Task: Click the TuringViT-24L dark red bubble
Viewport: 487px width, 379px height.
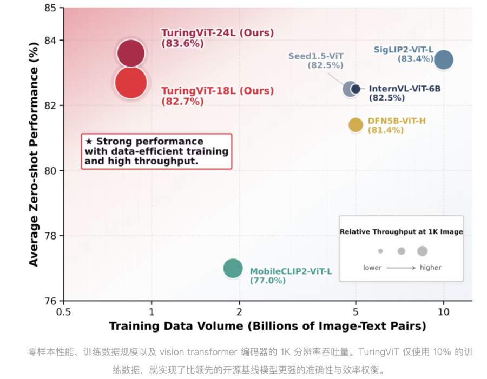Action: (x=131, y=54)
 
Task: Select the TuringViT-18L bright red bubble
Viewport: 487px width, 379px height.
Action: (x=131, y=83)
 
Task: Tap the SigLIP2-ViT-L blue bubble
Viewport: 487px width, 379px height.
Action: (x=444, y=59)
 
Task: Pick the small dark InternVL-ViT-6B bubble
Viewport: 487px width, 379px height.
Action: (x=356, y=89)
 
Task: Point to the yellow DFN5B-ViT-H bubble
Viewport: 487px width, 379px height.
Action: (x=356, y=125)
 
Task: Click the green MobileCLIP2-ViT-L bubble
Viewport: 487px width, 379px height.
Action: (x=233, y=268)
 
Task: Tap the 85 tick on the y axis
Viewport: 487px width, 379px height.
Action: (x=50, y=8)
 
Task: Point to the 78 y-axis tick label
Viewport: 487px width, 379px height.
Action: (x=50, y=236)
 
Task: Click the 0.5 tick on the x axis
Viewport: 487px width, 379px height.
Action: (x=64, y=311)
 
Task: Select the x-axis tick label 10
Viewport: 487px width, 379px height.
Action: (x=444, y=311)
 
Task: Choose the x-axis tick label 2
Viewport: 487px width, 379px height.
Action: (x=239, y=311)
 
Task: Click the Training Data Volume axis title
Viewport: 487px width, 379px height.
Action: (x=267, y=326)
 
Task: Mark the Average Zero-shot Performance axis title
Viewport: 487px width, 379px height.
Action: (x=34, y=154)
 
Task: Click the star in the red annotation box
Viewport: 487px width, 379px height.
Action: (x=89, y=142)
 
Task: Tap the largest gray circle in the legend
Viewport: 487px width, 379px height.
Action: (x=423, y=251)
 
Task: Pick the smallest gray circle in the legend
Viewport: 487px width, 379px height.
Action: (x=380, y=251)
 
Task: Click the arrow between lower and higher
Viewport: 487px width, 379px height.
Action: (x=401, y=268)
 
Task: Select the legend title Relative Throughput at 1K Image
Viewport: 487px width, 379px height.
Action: (x=402, y=232)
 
